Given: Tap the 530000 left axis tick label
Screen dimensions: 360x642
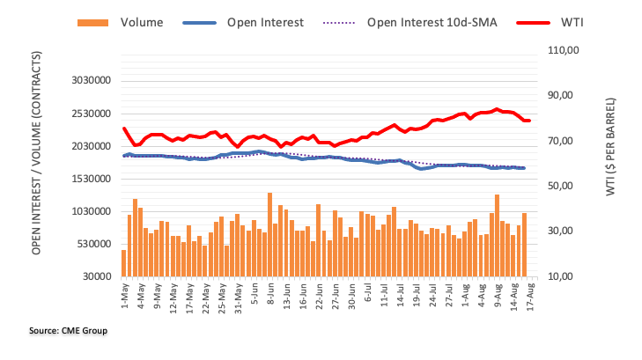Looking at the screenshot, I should click(x=88, y=244).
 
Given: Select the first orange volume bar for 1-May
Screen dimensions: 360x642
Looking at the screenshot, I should click(x=124, y=263).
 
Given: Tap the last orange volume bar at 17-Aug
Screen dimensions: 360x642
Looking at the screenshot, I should click(x=525, y=245).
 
